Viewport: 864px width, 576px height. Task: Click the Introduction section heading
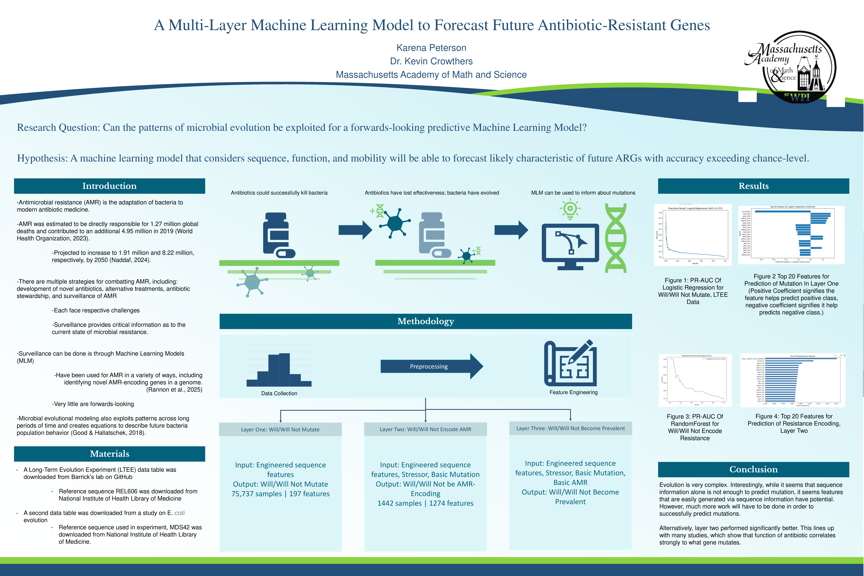click(109, 186)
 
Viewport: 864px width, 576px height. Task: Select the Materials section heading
click(109, 454)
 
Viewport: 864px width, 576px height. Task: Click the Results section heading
click(753, 186)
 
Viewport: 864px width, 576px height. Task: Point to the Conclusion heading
click(753, 469)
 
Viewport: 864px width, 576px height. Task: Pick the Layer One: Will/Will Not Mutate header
click(280, 429)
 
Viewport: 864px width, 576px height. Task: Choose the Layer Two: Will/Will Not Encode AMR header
click(425, 429)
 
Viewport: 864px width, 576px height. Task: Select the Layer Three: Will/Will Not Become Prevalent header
click(570, 428)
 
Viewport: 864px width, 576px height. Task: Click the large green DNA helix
click(616, 238)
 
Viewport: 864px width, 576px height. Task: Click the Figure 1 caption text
click(693, 291)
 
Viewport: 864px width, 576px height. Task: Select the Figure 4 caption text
click(794, 424)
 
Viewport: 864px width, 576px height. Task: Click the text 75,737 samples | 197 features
click(280, 494)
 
